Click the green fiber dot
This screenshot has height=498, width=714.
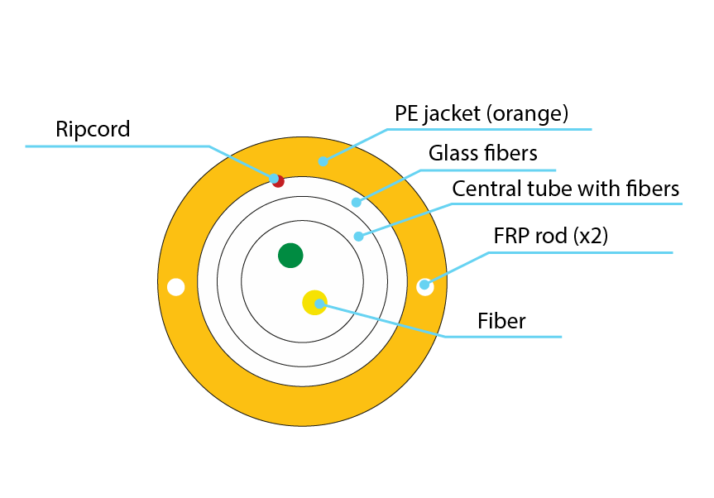[x=290, y=256]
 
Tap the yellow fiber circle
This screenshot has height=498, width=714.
[x=314, y=302]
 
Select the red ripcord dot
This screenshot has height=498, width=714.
[x=278, y=181]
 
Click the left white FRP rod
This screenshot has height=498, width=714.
[x=175, y=287]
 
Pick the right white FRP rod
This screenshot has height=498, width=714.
[x=425, y=286]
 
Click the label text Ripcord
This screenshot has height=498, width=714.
[x=93, y=129]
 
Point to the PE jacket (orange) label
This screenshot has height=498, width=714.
[x=481, y=113]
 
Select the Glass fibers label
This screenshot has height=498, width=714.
[x=483, y=153]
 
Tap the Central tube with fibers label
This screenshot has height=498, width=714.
[x=565, y=189]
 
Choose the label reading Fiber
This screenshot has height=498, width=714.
[x=501, y=320]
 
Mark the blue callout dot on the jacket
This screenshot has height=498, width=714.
[x=323, y=160]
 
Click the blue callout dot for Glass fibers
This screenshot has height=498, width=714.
[x=357, y=202]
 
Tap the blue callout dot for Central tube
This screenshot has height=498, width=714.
[x=358, y=237]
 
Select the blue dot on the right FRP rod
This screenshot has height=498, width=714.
[x=424, y=285]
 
